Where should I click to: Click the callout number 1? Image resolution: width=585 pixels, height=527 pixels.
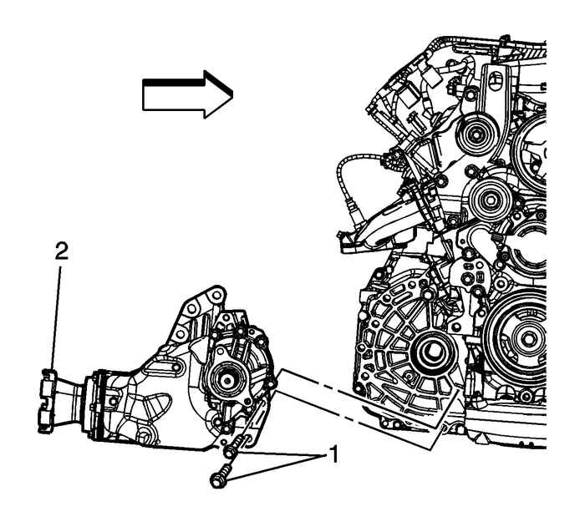(333, 457)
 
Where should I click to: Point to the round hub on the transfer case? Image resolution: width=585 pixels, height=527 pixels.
(226, 378)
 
